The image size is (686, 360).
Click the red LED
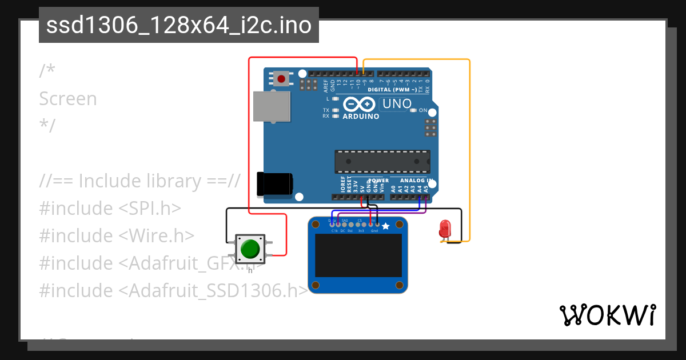(x=444, y=229)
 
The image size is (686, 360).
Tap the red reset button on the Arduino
(x=281, y=78)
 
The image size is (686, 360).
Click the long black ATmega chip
(x=382, y=161)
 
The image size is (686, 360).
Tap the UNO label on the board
(x=397, y=104)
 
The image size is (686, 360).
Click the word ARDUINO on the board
(x=361, y=117)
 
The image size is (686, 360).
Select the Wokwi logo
(x=607, y=315)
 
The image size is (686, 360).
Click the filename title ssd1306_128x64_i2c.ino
(x=179, y=26)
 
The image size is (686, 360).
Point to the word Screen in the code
(x=68, y=99)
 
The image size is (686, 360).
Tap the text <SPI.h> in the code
(x=150, y=208)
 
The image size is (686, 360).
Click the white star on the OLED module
(x=386, y=227)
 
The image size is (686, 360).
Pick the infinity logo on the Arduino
(x=360, y=105)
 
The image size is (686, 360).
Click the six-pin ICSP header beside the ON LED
(x=430, y=127)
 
